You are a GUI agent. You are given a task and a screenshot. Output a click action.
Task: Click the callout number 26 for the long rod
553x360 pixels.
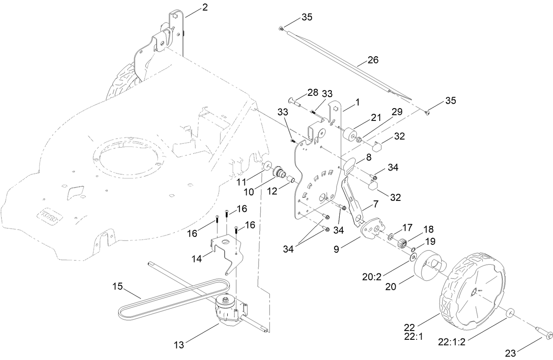tap(372, 60)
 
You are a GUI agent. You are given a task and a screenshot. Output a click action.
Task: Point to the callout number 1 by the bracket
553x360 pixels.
tap(357, 102)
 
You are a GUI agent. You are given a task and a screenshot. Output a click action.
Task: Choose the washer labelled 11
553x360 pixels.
tap(266, 167)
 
